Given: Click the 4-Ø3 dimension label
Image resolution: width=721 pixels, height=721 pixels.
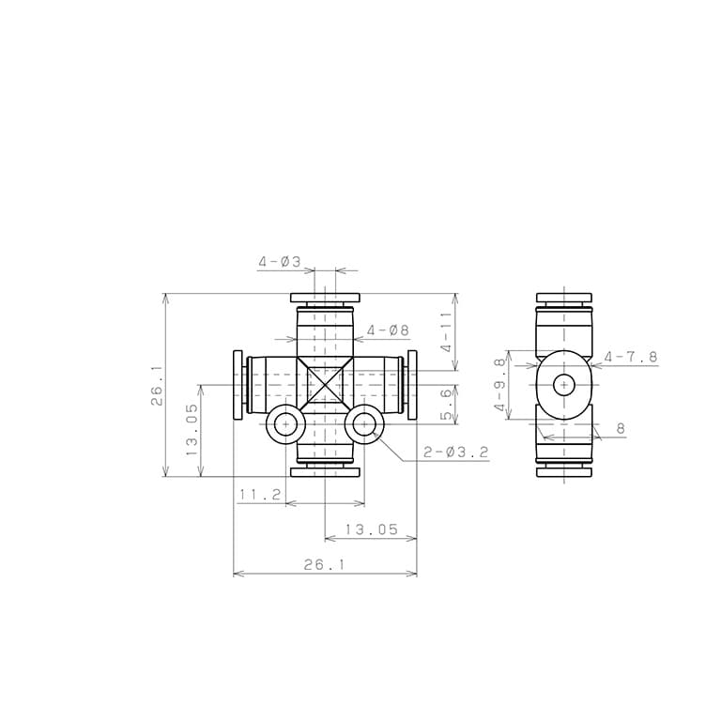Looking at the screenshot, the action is pos(279,262).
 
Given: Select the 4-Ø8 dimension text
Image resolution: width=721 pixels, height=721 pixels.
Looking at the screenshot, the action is pos(388,330).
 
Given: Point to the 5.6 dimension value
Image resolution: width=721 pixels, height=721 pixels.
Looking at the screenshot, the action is pos(447,405).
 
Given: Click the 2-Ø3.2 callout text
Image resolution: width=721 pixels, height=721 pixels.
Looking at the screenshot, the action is pos(455,453).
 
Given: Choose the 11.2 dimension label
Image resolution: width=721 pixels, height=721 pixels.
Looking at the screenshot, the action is pos(260,495).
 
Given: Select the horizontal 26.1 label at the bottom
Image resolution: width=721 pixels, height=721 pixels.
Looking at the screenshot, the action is pos(324,564).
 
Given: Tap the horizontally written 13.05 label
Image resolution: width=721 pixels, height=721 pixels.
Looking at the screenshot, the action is pos(371,529).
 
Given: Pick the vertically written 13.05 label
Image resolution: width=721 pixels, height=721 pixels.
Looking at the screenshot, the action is pos(192,430).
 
